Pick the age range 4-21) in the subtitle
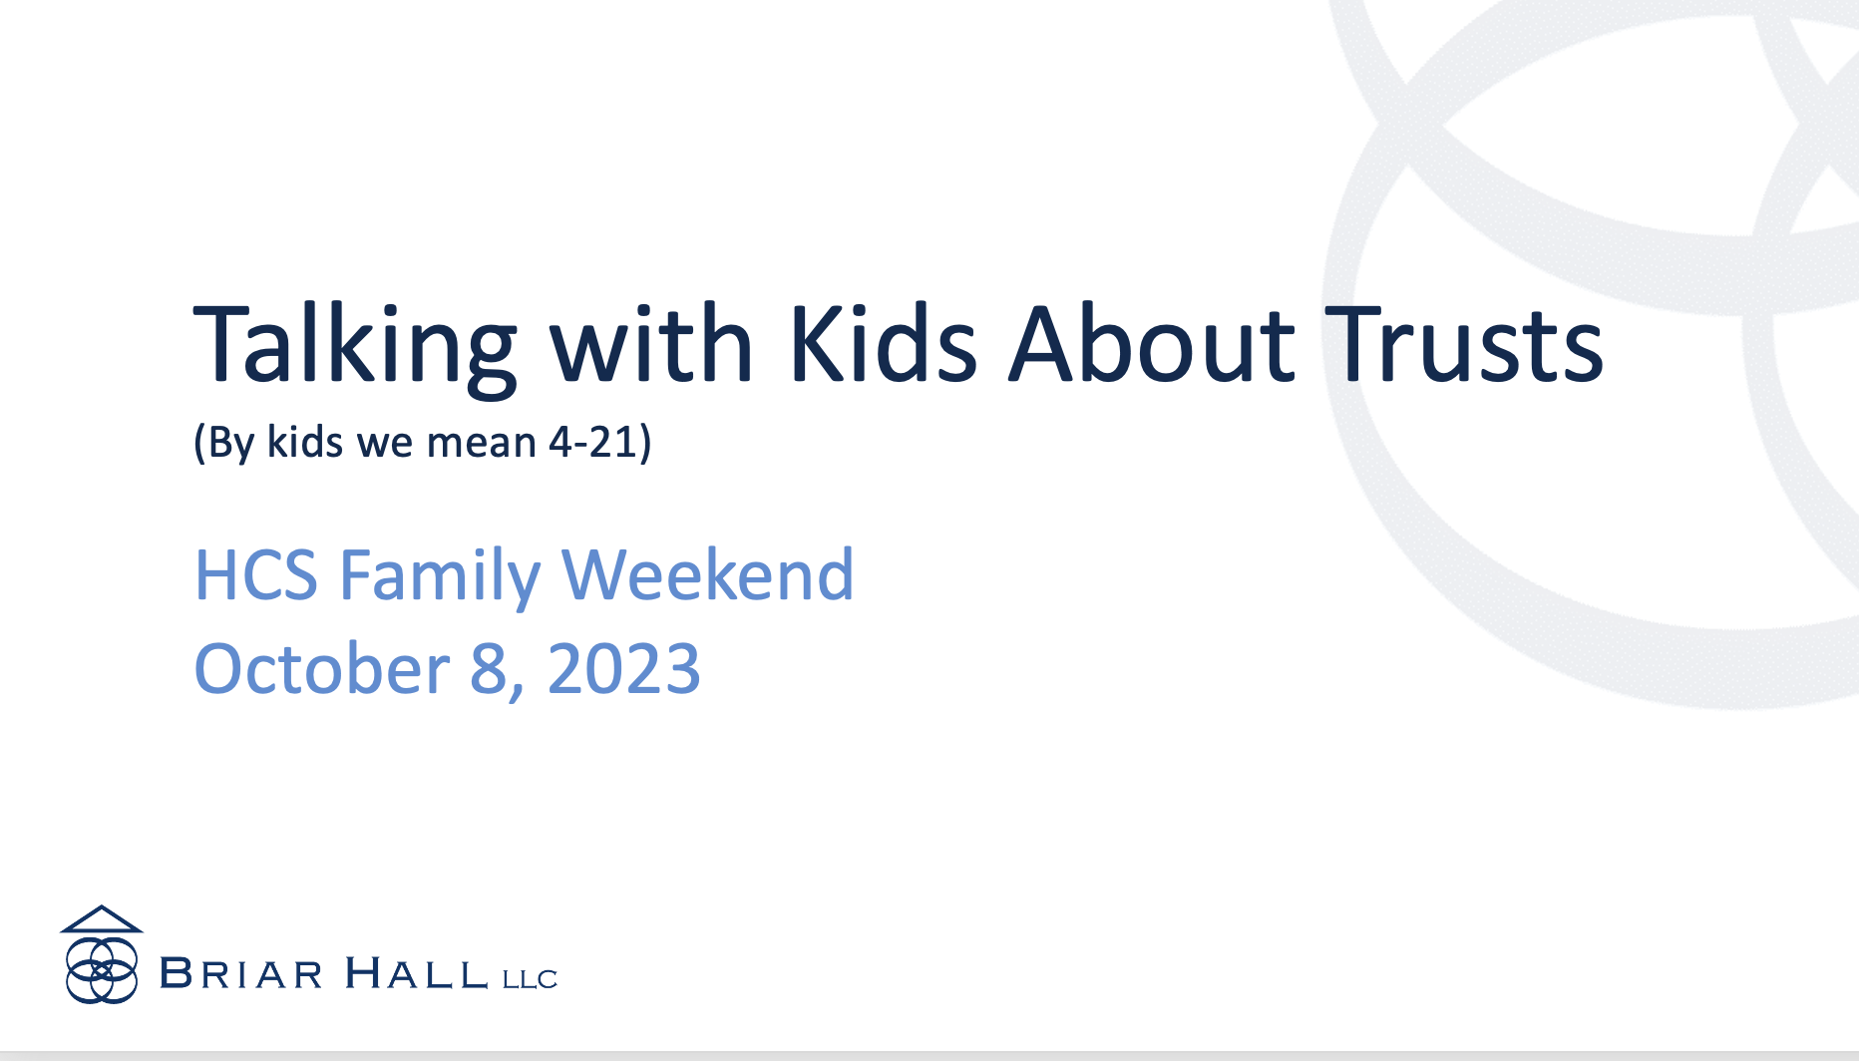pos(599,442)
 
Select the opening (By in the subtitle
pos(224,442)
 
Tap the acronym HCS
pos(255,575)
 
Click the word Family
pos(440,575)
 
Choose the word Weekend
pos(707,575)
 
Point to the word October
pos(321,668)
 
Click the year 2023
pos(623,668)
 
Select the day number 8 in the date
pos(489,668)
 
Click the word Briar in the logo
pos(241,974)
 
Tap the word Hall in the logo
pos(416,974)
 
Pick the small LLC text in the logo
pos(530,979)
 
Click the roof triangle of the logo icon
pos(101,919)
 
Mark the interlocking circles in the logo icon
pos(101,969)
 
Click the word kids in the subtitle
pos(305,442)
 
